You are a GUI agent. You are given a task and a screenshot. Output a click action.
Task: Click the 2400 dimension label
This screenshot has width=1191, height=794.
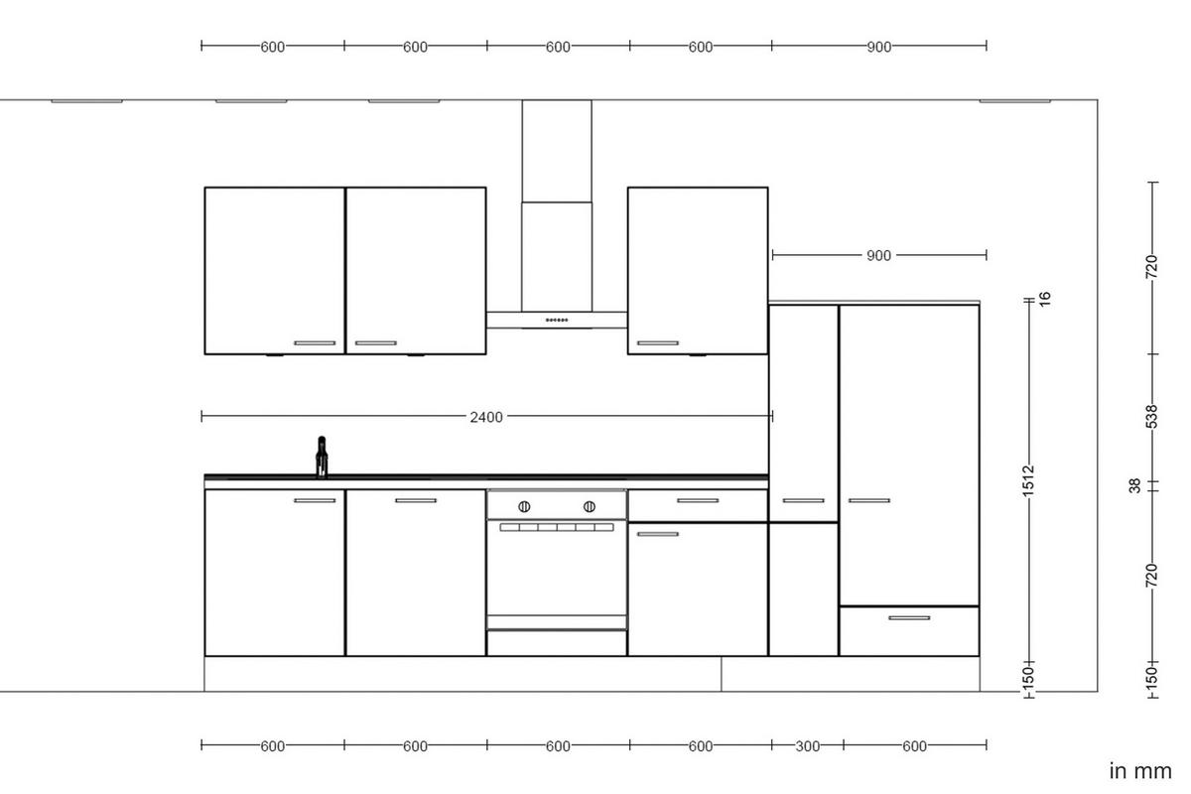pyautogui.click(x=486, y=417)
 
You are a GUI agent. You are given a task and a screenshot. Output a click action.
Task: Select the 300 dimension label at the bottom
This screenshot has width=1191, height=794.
pyautogui.click(x=808, y=746)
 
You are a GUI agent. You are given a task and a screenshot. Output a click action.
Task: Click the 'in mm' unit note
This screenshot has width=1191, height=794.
pyautogui.click(x=1140, y=771)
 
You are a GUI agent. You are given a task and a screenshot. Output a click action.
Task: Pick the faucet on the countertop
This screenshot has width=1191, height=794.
pyautogui.click(x=322, y=458)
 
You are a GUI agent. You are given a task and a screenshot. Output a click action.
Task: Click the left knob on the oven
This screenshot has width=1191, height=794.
pyautogui.click(x=525, y=507)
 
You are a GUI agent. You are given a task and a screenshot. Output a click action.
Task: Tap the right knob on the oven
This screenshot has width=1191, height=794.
pyautogui.click(x=590, y=507)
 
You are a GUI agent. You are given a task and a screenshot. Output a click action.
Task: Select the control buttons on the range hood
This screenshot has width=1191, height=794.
pyautogui.click(x=557, y=321)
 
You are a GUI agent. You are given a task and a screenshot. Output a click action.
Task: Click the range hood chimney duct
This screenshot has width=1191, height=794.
pyautogui.click(x=557, y=198)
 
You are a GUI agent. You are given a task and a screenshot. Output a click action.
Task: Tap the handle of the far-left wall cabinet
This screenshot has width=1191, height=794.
pyautogui.click(x=315, y=343)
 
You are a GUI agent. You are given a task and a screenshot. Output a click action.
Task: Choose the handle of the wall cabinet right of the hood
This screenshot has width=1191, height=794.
pyautogui.click(x=657, y=343)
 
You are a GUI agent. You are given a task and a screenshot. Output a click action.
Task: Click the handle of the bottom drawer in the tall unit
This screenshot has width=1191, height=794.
pyautogui.click(x=909, y=618)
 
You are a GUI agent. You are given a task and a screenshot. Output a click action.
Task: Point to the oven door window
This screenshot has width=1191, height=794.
pyautogui.click(x=557, y=571)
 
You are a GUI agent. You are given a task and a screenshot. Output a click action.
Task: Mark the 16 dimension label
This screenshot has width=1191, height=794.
pyautogui.click(x=1044, y=298)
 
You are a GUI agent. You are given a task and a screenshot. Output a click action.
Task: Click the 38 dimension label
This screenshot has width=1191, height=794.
pyautogui.click(x=1135, y=485)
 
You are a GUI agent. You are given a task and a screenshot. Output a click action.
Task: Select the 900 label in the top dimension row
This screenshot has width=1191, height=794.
pyautogui.click(x=878, y=47)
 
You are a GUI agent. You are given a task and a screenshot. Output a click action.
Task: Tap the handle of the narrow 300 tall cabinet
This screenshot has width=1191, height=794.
pyautogui.click(x=803, y=500)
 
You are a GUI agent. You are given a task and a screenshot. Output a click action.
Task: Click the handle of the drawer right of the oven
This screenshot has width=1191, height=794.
pyautogui.click(x=698, y=500)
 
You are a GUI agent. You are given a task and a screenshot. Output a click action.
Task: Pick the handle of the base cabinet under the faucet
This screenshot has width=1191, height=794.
pyautogui.click(x=315, y=500)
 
